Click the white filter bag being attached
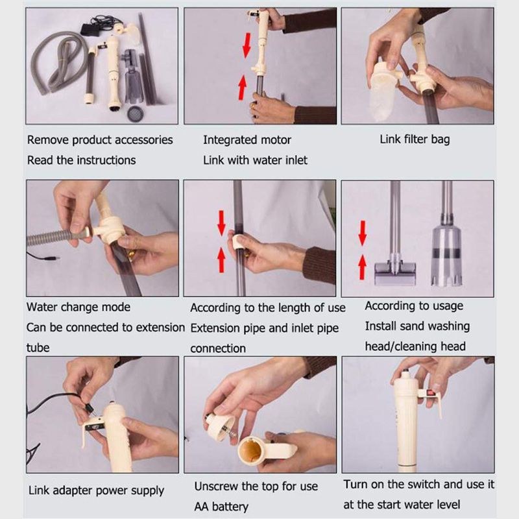click(384, 92)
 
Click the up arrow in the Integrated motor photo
click(243, 88)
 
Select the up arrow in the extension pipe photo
click(221, 261)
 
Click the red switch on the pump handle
click(431, 393)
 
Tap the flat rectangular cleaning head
click(395, 272)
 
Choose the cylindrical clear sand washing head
click(446, 252)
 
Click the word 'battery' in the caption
click(230, 507)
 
